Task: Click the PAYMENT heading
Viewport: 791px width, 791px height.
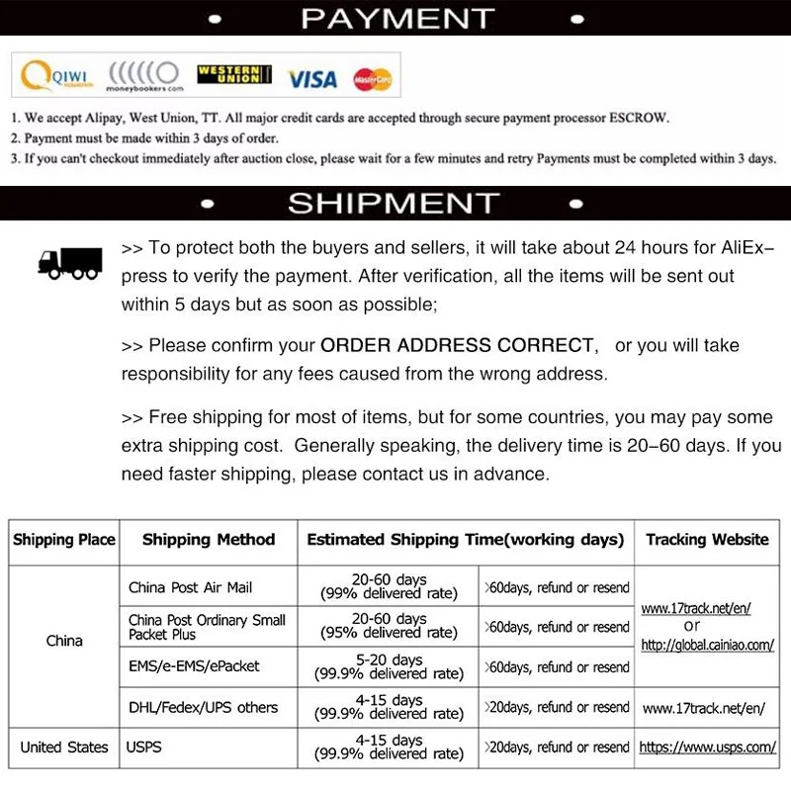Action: [396, 18]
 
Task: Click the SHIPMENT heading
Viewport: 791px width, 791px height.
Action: [394, 203]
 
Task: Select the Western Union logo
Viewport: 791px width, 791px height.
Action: [234, 76]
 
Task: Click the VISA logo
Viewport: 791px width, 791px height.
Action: [312, 78]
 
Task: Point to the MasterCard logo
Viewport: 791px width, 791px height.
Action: [372, 78]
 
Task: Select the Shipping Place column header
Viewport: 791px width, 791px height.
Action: [64, 540]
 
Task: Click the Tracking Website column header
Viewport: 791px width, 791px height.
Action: [707, 540]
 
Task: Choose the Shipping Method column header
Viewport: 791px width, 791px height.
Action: [209, 540]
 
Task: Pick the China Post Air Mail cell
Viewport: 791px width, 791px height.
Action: [191, 587]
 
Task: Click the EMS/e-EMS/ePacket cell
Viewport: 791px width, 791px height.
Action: [194, 667]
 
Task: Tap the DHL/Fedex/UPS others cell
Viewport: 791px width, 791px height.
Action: [204, 708]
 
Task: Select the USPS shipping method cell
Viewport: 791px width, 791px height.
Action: [144, 747]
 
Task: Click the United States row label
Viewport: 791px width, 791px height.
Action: [64, 747]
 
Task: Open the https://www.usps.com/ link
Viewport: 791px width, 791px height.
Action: [707, 747]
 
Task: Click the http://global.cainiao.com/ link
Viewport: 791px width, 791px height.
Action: [707, 646]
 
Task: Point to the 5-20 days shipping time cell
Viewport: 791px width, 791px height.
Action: [389, 667]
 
